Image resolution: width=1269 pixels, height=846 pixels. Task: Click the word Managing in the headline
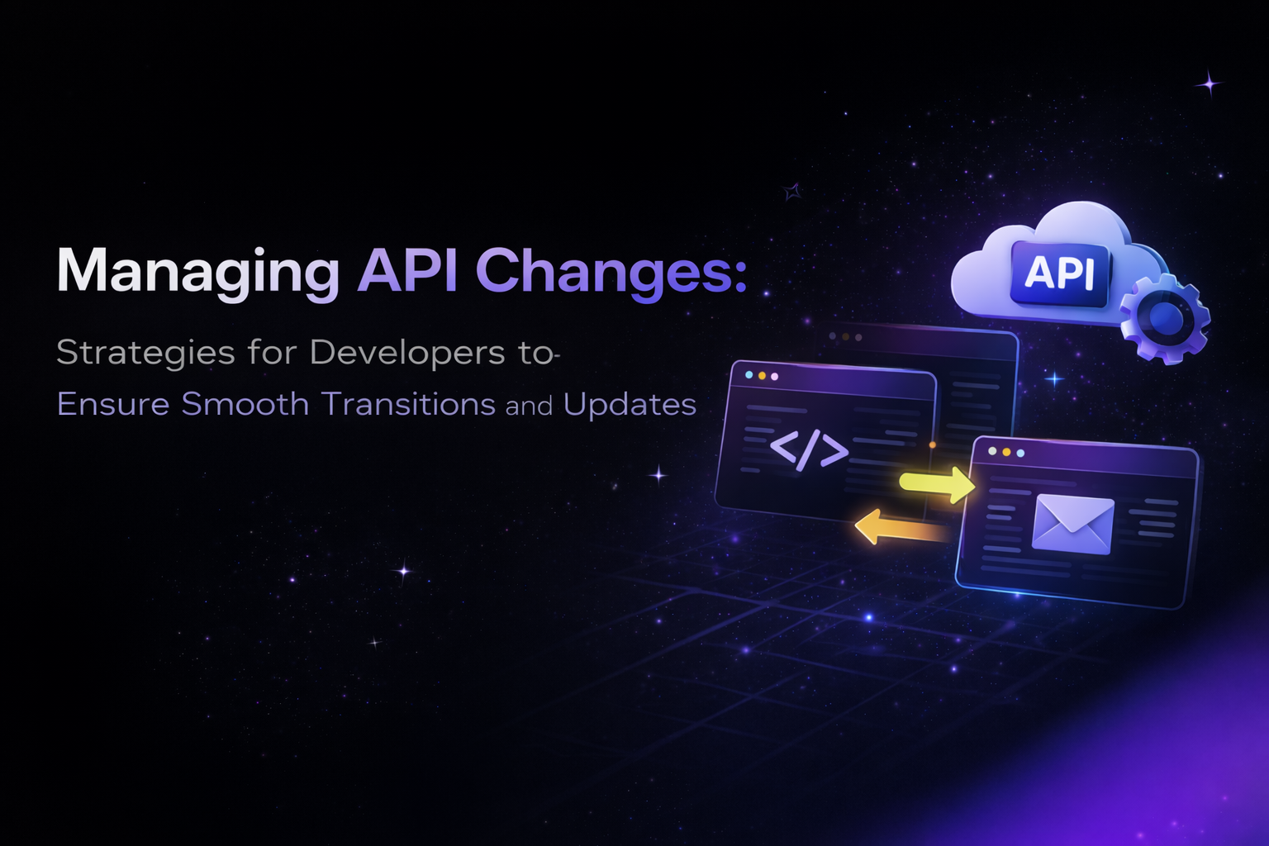point(197,271)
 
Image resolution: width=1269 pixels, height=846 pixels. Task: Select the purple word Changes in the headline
point(611,271)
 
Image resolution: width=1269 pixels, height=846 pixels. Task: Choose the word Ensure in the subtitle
point(113,404)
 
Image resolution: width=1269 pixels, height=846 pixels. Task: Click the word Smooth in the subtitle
point(245,404)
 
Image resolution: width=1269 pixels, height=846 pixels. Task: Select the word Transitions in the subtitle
point(408,404)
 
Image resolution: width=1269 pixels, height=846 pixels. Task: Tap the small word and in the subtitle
point(529,406)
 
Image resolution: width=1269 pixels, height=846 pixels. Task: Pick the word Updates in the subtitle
point(630,405)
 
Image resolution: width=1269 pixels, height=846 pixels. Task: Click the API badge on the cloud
point(1060,273)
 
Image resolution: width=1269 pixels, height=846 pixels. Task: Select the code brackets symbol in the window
point(809,450)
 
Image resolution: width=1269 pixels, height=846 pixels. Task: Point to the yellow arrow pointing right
point(937,483)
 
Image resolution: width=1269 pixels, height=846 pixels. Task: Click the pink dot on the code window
point(774,377)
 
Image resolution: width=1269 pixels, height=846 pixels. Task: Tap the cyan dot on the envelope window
point(1020,453)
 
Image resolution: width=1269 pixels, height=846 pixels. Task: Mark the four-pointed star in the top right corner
point(1210,83)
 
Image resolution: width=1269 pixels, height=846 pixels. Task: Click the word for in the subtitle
point(272,353)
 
